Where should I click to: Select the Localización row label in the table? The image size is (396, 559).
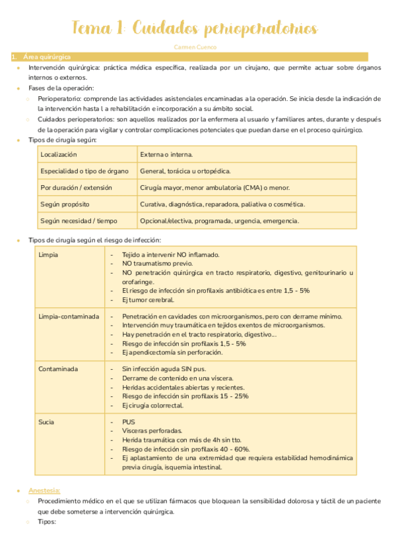(59, 154)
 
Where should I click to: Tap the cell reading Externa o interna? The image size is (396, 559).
(166, 154)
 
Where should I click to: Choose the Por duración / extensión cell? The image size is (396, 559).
(76, 187)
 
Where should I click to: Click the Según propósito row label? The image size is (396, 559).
(65, 204)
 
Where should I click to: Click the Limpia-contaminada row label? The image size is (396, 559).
(69, 316)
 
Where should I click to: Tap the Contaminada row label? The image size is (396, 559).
(58, 369)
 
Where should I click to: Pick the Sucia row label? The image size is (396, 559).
(46, 422)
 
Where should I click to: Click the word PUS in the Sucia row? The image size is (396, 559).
(128, 422)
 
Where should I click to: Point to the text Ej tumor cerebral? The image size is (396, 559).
(148, 300)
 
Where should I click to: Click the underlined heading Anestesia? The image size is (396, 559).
(44, 490)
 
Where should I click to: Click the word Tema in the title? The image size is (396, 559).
(92, 29)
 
